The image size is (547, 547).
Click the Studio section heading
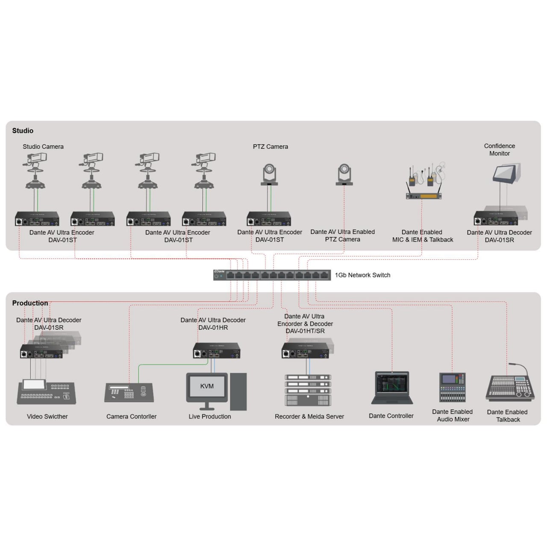23,131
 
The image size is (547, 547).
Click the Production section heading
30,303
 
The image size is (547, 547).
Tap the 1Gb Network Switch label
362,275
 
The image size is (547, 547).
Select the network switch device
272,275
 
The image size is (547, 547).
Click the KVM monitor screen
207,386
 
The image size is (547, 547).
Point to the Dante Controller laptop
392,388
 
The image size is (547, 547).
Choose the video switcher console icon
47,392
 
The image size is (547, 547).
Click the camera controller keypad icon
129,393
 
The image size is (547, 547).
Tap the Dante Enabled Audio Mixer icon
453,388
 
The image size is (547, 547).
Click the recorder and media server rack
308,390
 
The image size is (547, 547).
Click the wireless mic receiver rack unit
423,196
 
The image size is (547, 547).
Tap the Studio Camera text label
43,147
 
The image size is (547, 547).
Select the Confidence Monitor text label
499,150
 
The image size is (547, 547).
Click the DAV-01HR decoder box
217,350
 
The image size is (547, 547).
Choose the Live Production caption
210,416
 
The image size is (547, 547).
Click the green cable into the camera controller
171,365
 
